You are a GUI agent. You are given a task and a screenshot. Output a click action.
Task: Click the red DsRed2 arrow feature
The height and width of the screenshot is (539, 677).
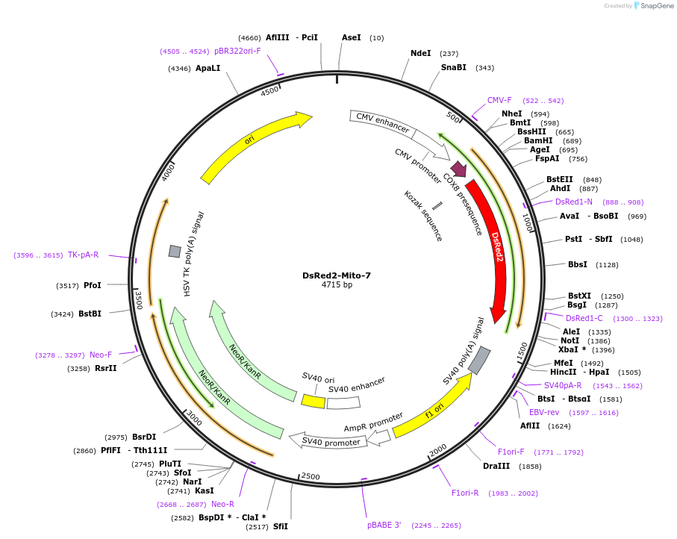[x=495, y=246]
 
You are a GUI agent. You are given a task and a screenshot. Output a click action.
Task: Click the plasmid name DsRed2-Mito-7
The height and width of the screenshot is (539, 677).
[x=337, y=275]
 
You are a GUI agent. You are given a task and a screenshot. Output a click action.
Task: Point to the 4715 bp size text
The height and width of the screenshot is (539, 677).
[x=337, y=285]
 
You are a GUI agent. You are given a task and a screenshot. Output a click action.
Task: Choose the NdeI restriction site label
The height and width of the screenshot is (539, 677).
[x=421, y=53]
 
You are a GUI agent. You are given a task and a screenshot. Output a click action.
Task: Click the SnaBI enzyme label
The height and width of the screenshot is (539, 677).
[x=454, y=67]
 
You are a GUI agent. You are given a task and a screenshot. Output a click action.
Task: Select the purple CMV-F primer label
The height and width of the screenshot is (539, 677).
[x=499, y=100]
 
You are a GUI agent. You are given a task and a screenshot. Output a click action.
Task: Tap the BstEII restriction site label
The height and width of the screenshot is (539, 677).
[x=559, y=179]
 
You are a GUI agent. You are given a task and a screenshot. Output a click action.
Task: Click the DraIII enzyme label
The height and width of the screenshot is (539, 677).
[x=496, y=466]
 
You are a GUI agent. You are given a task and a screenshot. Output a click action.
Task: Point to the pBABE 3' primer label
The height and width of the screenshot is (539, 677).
[x=384, y=525]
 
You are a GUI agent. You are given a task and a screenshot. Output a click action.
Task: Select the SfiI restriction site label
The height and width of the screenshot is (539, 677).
[x=281, y=526]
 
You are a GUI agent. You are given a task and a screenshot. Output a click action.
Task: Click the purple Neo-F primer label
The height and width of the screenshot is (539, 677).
[x=101, y=355]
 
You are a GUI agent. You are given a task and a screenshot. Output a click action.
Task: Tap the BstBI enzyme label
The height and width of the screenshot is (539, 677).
[x=90, y=314]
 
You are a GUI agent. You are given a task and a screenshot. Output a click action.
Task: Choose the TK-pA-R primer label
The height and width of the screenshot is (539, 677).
[x=84, y=255]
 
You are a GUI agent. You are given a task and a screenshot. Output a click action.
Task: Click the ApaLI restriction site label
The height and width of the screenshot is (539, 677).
[x=208, y=68]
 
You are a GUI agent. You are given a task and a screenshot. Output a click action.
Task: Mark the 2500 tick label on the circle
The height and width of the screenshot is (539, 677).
[x=310, y=476]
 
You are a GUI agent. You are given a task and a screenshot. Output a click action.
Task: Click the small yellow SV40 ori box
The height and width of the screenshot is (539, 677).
[x=313, y=401]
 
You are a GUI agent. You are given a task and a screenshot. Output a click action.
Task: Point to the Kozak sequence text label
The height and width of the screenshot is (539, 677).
[x=423, y=216]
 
